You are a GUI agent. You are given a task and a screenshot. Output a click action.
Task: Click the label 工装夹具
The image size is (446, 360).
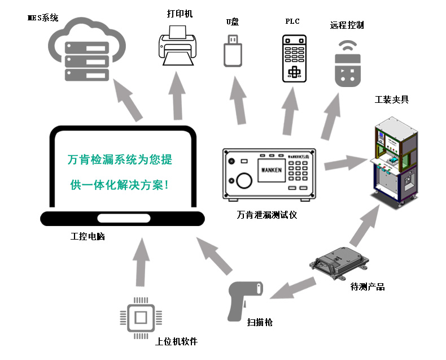pos(392,100)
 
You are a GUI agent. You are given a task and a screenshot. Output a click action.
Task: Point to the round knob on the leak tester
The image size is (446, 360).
pos(243,180)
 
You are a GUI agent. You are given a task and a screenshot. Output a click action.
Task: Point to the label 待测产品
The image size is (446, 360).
pos(368,287)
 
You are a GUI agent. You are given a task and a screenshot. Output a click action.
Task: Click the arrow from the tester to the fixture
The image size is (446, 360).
pos(344,163)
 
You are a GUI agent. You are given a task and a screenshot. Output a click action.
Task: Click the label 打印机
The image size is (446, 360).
pos(180,13)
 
